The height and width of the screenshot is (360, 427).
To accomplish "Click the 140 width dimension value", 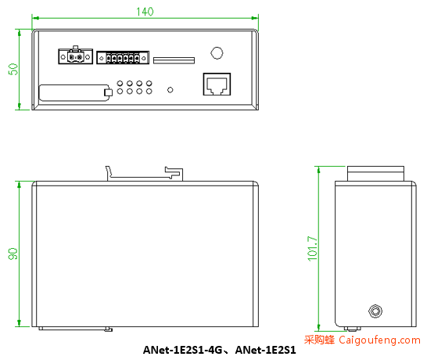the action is coord(145,12).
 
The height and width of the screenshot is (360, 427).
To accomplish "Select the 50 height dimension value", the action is coord(13,69).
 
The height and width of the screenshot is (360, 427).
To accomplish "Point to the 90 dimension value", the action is coord(13,254).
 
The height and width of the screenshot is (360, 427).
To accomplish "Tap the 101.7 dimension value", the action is coord(312,249).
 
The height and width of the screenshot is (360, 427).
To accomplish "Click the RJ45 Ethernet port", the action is coord(217,85).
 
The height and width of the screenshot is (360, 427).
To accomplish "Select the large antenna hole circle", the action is coord(217,53).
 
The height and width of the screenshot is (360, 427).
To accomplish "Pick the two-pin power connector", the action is coord(75,56).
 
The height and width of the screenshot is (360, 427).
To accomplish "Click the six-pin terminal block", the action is coord(123,57).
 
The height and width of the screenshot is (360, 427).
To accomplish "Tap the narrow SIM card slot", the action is coord(174,60).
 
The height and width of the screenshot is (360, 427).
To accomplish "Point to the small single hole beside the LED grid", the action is coord(170,90).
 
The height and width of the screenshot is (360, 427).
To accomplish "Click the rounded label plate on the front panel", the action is coord(74,93).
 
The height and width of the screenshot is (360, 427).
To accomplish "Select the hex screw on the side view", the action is coord(375,311).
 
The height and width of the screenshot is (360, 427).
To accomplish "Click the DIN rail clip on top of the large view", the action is coord(144,174).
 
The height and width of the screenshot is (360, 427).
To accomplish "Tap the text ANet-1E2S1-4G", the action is coord(182,350).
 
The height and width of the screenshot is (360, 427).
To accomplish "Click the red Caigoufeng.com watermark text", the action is coord(362,340).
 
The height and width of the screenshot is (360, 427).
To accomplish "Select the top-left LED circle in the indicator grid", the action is coord(120,83).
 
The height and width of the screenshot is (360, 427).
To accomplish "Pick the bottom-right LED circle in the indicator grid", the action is coord(149,92).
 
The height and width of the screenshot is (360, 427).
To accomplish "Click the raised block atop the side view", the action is coord(375,174).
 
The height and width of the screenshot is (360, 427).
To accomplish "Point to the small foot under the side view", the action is coord(353,329).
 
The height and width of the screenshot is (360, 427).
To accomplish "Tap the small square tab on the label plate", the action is coord(109,92).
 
